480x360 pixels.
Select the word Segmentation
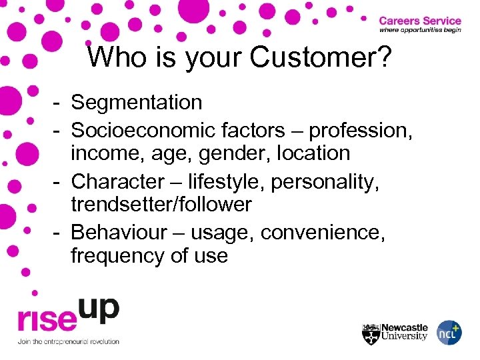coord(137,103)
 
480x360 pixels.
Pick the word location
coord(307,153)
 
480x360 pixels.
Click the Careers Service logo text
coord(420,20)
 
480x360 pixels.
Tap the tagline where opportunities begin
coord(420,31)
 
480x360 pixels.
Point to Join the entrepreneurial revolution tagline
coord(68,341)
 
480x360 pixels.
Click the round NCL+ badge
coord(449,332)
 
